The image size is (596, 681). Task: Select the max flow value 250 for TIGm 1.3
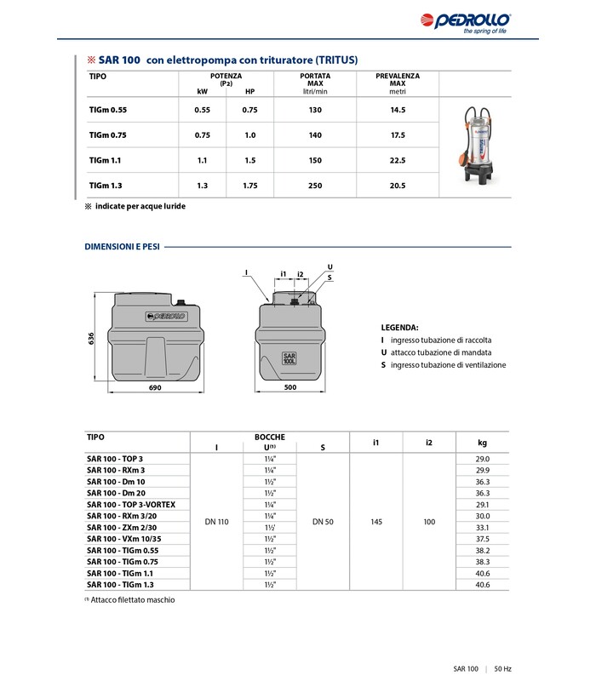315,186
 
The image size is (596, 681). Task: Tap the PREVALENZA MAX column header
398,80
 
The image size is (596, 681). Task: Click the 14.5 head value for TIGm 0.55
398,111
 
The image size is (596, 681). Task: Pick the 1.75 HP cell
250,186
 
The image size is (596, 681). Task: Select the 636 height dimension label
91,338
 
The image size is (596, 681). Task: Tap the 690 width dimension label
155,388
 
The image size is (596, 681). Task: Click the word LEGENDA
399,327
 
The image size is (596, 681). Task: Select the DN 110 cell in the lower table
217,521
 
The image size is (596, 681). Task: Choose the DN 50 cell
323,521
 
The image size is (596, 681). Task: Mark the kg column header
483,443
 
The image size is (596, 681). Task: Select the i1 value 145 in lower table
375,521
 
